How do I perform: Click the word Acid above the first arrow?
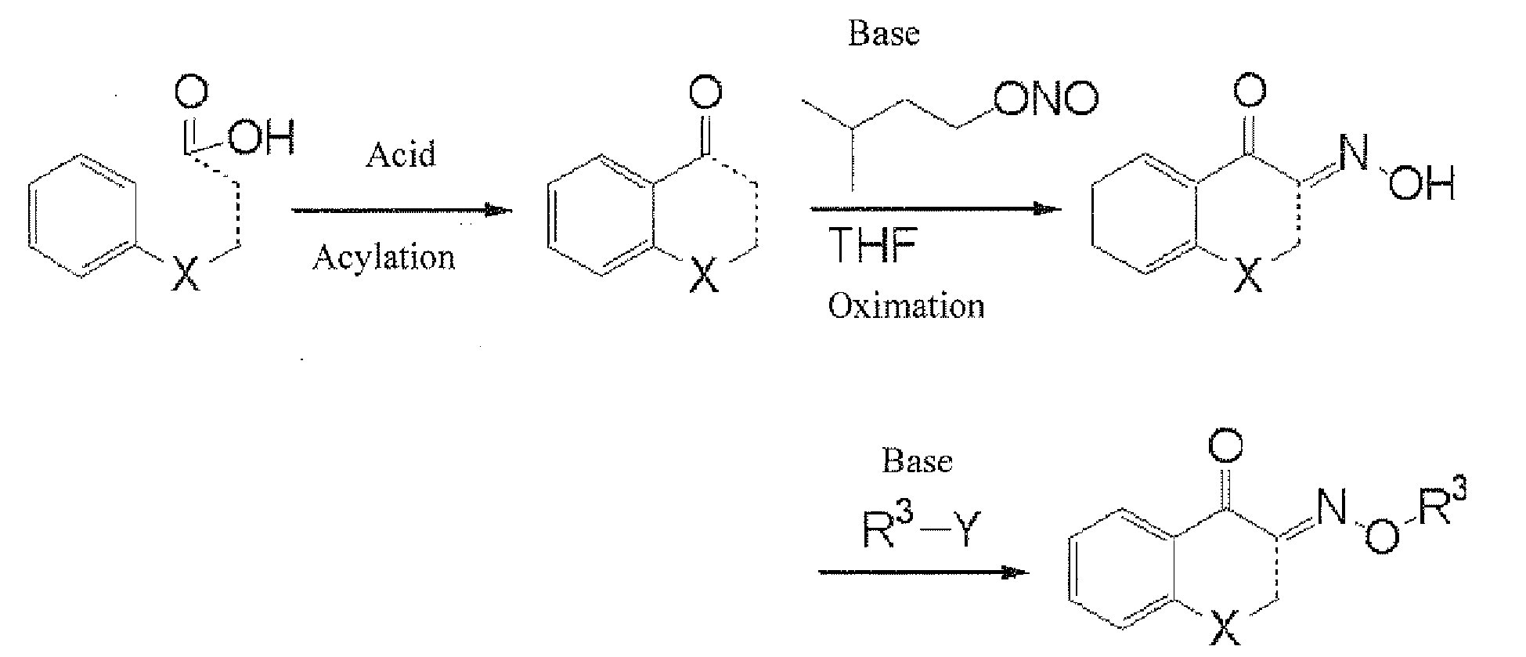click(x=401, y=154)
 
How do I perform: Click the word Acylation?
click(x=383, y=257)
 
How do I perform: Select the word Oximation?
click(x=906, y=305)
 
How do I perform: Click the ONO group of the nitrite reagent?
click(x=1046, y=99)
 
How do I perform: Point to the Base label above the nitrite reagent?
click(x=883, y=34)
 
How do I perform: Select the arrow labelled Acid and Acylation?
click(x=401, y=210)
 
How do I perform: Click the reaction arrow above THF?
click(x=935, y=209)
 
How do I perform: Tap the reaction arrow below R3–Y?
click(x=922, y=572)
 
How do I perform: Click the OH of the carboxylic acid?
click(x=262, y=138)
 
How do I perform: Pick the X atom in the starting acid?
click(x=186, y=275)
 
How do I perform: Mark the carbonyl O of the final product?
click(x=1225, y=447)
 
